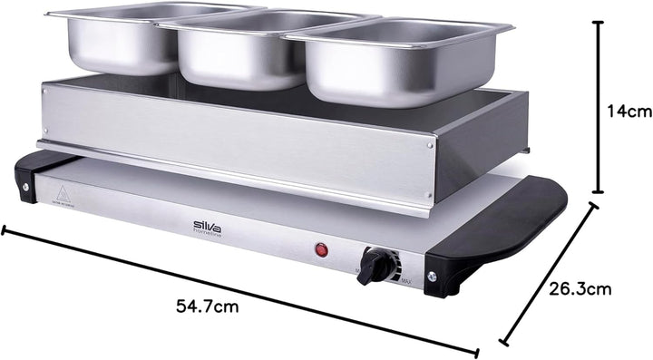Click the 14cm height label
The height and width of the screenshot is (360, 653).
(629, 112)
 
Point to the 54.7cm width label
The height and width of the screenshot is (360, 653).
(206, 306)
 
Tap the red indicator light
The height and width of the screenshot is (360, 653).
(320, 250)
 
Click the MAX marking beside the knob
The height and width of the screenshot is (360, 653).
(406, 283)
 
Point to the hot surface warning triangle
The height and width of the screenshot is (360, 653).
(63, 193)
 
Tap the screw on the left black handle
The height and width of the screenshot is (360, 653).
(25, 189)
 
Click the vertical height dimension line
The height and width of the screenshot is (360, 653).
(598, 107)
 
